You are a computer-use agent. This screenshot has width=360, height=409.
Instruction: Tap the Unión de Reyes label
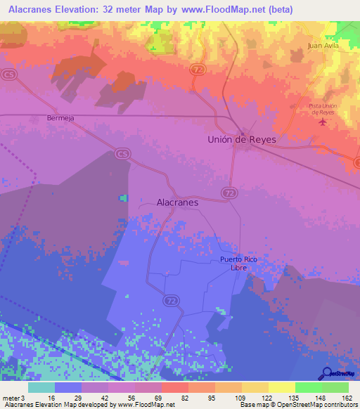[x=241, y=139]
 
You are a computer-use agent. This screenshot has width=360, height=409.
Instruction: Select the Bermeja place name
[x=60, y=118]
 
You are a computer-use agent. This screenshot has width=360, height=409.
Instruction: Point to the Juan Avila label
[x=323, y=46]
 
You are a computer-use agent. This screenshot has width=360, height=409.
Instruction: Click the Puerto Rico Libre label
[x=238, y=264]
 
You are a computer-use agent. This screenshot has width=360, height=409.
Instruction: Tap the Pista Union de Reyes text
[x=323, y=109]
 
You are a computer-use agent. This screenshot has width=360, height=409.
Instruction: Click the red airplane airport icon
[x=323, y=123]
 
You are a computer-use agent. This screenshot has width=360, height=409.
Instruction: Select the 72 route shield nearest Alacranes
[x=229, y=192]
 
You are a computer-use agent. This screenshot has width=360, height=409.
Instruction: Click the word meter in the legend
[x=9, y=397]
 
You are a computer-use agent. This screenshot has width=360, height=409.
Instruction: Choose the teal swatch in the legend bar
[x=41, y=387]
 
